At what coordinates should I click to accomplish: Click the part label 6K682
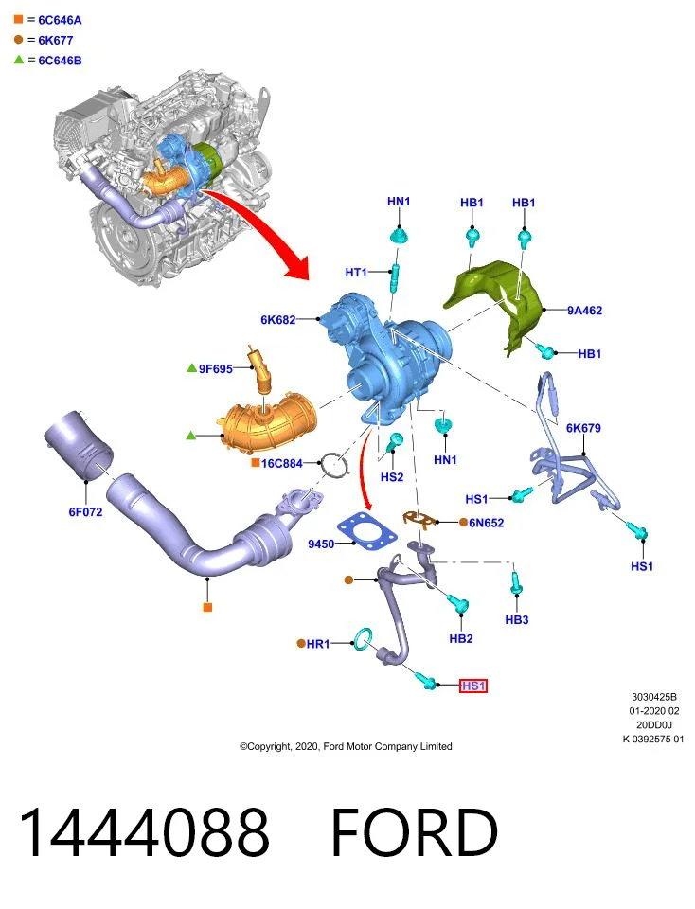(x=277, y=319)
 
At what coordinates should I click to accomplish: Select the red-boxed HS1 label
(x=473, y=686)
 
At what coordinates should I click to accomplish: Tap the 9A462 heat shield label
(x=584, y=311)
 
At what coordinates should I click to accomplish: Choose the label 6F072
(x=85, y=512)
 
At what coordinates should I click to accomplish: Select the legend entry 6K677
(x=56, y=41)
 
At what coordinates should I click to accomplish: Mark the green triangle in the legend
(x=19, y=59)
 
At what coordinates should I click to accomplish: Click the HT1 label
(x=356, y=272)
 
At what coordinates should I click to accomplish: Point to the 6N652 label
(x=487, y=523)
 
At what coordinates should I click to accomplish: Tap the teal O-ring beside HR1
(x=363, y=639)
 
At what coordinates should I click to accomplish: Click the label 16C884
(x=282, y=463)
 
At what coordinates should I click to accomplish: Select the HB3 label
(x=516, y=619)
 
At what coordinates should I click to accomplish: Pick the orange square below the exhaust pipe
(x=207, y=607)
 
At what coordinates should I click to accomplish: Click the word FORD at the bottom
(x=414, y=832)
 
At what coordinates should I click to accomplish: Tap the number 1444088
(x=144, y=832)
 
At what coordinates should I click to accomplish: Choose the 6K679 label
(x=583, y=428)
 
